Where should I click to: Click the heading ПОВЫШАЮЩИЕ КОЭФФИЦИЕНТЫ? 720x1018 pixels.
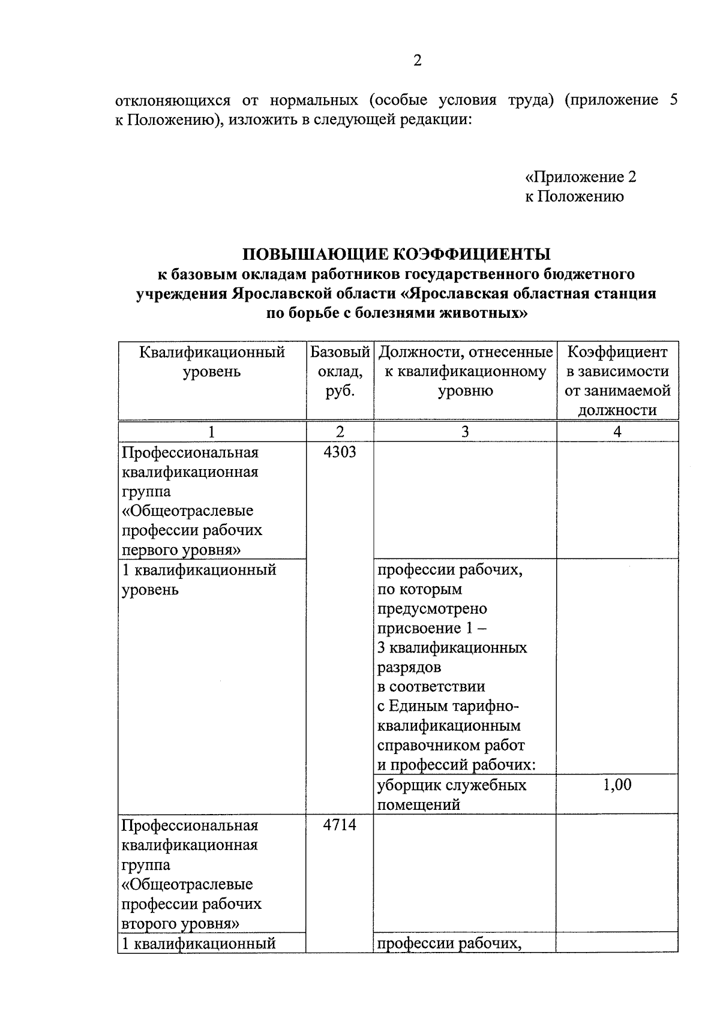[x=397, y=254]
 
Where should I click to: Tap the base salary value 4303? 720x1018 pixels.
[x=340, y=452]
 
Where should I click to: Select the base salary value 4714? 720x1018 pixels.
[x=340, y=825]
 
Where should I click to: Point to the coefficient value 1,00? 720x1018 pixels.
[x=617, y=785]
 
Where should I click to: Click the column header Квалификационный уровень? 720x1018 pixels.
[x=212, y=362]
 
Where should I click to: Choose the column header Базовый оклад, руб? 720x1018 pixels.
[x=340, y=371]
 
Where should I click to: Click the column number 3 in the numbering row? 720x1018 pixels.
[x=464, y=432]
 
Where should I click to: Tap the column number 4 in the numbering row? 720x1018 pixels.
[x=617, y=432]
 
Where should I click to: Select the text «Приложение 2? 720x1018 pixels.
[x=580, y=177]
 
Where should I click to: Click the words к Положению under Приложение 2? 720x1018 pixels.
[x=574, y=196]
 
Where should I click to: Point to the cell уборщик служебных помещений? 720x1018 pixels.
[x=452, y=794]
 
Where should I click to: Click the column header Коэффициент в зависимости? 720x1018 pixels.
[x=617, y=362]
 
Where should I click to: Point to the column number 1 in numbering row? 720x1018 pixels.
[x=211, y=432]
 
